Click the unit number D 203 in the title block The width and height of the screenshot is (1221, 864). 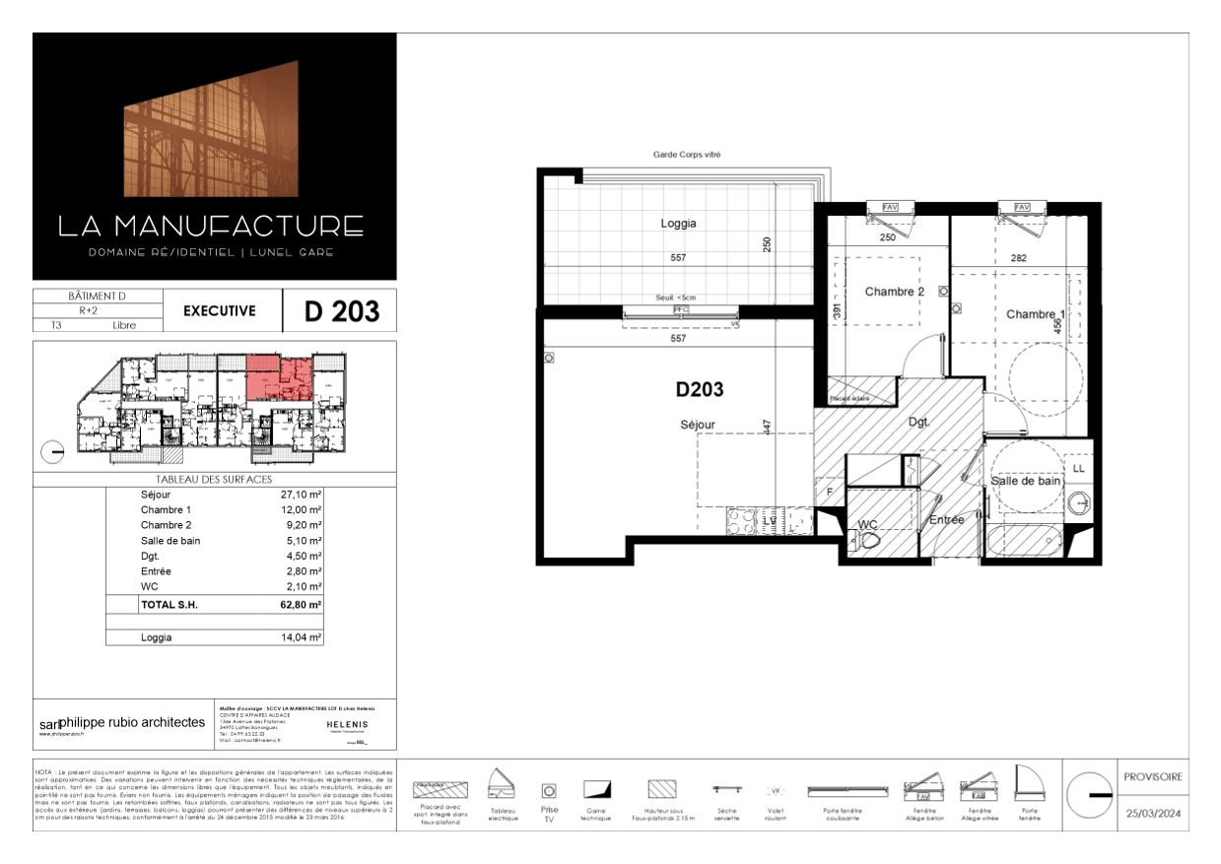341,311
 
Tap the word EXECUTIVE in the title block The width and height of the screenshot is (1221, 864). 219,311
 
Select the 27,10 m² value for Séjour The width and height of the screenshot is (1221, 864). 302,495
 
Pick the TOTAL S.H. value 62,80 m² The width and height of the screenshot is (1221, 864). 302,605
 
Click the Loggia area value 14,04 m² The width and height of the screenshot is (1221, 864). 302,637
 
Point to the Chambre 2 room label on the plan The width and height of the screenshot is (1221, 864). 894,292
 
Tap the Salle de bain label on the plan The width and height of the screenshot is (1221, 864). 1026,481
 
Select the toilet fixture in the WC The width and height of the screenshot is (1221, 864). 868,541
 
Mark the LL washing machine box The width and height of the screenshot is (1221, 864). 1077,468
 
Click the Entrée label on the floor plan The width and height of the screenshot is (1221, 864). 946,519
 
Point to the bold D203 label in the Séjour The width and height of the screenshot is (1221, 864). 699,390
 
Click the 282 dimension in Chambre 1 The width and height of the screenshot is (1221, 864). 1018,258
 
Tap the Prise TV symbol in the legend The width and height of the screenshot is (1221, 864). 549,790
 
